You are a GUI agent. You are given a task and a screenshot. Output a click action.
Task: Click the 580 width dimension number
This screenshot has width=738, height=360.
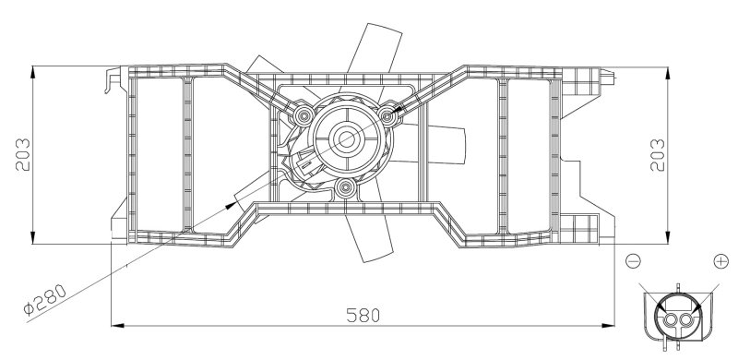[363, 314]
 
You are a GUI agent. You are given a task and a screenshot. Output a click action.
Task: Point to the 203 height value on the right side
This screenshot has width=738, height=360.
[658, 154]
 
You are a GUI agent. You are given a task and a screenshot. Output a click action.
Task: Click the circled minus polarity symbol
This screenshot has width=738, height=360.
[634, 262]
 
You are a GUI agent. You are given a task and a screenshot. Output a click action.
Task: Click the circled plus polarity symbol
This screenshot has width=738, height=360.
[720, 262]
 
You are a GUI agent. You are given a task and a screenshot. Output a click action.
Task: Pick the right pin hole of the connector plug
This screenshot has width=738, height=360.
[684, 320]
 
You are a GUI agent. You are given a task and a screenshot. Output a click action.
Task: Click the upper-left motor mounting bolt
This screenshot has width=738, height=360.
[304, 115]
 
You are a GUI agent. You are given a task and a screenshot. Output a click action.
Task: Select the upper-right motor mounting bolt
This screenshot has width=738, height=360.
[388, 114]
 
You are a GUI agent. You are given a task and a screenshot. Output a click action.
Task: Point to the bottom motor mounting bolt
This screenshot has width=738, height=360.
[347, 190]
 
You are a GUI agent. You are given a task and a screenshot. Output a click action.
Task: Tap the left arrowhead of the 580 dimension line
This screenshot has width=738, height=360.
[115, 324]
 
